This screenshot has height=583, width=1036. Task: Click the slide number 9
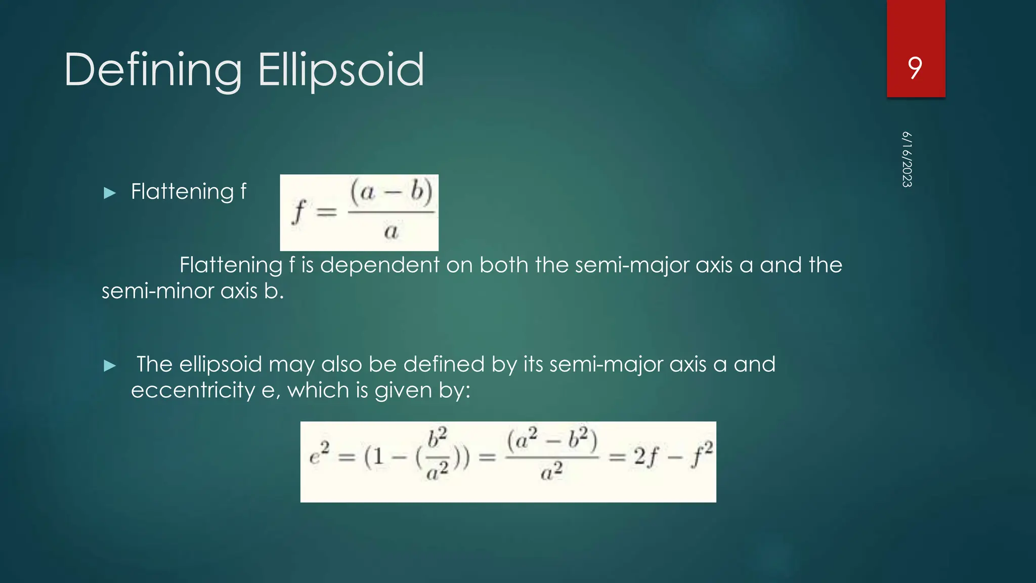click(915, 68)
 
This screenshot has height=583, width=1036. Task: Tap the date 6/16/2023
click(907, 159)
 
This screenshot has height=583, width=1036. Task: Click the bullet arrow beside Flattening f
click(110, 193)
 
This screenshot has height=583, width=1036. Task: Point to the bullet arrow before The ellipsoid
click(110, 366)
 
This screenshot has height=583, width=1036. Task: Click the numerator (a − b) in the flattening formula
click(392, 192)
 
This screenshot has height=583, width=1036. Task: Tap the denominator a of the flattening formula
click(391, 232)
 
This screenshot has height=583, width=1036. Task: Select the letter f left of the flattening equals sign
click(299, 212)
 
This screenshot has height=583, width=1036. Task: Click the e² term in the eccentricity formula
click(319, 453)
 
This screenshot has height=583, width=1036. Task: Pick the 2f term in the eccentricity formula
click(646, 457)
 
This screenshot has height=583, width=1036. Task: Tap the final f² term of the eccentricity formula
click(702, 453)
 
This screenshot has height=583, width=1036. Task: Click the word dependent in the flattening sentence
click(380, 265)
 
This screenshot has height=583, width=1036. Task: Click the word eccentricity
click(193, 390)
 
